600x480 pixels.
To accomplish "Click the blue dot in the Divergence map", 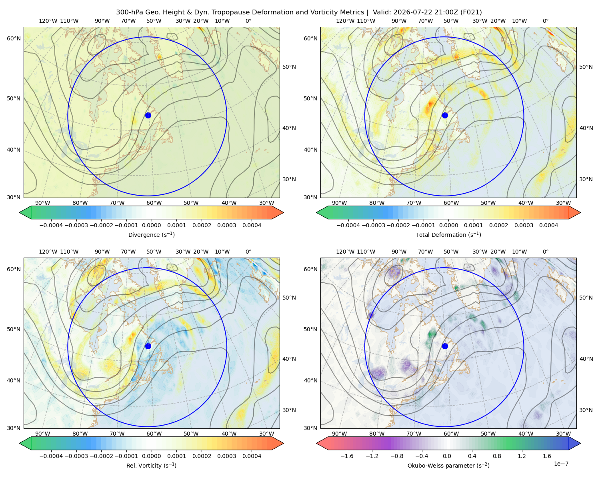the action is tap(148, 115).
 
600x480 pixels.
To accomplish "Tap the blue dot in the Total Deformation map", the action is tap(445, 115).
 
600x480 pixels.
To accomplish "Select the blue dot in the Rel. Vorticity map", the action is tap(148, 346).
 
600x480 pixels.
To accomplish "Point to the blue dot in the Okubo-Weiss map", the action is tap(445, 346).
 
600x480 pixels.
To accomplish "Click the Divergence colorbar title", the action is tap(151, 234).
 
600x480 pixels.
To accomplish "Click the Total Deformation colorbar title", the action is tap(448, 234).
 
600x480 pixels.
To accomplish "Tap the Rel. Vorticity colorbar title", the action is tap(151, 465).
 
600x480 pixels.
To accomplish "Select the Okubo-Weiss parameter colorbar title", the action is tap(448, 465).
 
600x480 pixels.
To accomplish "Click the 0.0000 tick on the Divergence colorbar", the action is tap(151, 225).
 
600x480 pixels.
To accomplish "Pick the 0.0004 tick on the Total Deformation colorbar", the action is tap(548, 225).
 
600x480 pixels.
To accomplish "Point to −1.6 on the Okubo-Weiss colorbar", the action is tap(347, 456).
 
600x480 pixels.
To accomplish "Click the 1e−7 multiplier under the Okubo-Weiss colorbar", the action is tap(561, 464).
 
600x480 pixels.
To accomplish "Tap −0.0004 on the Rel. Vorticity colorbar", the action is tap(51, 456).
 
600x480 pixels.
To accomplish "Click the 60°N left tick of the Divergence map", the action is tap(14, 38).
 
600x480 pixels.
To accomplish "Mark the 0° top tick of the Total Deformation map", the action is tap(545, 21).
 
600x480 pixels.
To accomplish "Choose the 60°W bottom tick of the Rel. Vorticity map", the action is tap(154, 434).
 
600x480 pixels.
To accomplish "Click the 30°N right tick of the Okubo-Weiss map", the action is tap(586, 410).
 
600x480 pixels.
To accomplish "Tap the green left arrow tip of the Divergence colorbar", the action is tap(20, 212).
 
